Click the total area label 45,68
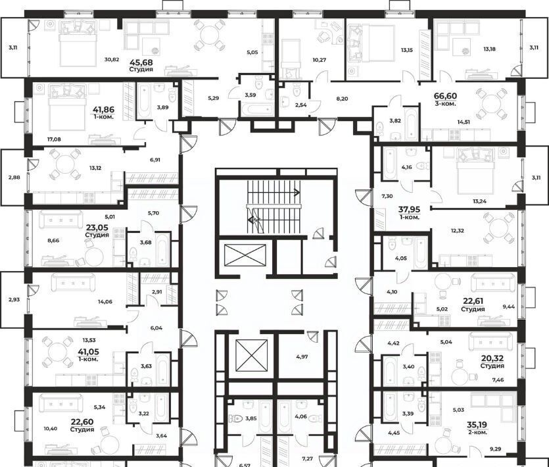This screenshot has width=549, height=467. pyautogui.click(x=141, y=62)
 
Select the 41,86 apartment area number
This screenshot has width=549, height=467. pyautogui.click(x=103, y=110)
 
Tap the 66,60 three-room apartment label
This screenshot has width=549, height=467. pyautogui.click(x=445, y=96)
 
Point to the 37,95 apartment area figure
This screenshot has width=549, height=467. pyautogui.click(x=410, y=210)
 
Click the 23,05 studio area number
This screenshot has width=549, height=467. pyautogui.click(x=97, y=227)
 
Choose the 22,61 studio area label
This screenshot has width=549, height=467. pyautogui.click(x=473, y=301)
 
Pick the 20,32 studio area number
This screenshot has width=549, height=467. pyautogui.click(x=492, y=358)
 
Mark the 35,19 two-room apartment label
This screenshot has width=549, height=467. pyautogui.click(x=477, y=425)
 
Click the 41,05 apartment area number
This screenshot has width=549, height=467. pyautogui.click(x=88, y=352)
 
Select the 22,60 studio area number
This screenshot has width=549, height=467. pyautogui.click(x=82, y=422)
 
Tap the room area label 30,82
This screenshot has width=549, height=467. pyautogui.click(x=112, y=60)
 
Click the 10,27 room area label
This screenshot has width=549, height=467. pyautogui.click(x=320, y=60)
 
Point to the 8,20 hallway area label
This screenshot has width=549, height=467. pyautogui.click(x=342, y=99)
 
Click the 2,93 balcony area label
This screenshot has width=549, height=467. pyautogui.click(x=14, y=299)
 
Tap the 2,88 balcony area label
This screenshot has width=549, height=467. pyautogui.click(x=14, y=178)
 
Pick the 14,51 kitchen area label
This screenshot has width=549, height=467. pyautogui.click(x=464, y=122)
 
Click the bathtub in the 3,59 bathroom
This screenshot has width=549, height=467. pyautogui.click(x=256, y=110)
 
